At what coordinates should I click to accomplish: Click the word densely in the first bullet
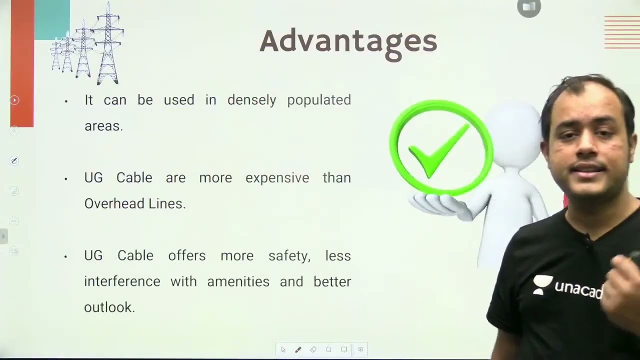coord(251,100)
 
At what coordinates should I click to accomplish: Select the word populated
coord(319,100)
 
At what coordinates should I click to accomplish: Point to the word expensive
coord(277,178)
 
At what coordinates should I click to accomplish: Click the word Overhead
coord(107,204)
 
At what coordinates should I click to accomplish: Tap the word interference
coord(122,282)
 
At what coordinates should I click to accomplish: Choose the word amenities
coord(238,282)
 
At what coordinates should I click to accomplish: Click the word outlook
coord(109,307)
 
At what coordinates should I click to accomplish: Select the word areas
coord(103,126)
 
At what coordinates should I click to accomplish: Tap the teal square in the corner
coord(52,19)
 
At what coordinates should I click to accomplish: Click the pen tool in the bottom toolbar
coord(298,349)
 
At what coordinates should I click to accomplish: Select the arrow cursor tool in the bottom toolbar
coord(283,349)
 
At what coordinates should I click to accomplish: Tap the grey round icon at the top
coord(528,7)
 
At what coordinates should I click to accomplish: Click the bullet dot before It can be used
coord(66,101)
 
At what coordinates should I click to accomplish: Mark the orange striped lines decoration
coord(621,32)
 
